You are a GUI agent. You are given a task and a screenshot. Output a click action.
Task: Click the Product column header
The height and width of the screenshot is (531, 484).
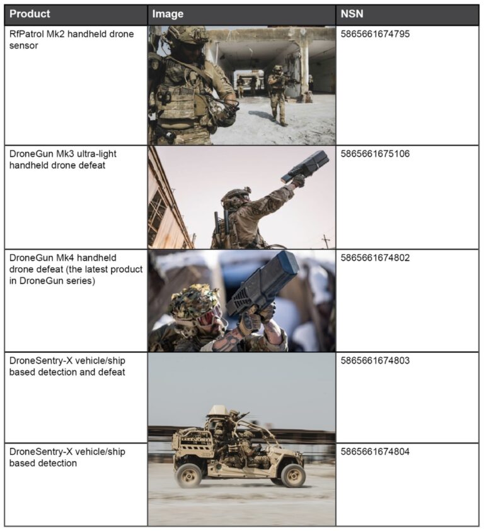(30, 13)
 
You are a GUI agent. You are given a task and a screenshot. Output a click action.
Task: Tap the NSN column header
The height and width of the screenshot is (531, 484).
(352, 13)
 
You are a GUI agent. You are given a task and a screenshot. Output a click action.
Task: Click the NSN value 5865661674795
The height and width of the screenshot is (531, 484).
(375, 34)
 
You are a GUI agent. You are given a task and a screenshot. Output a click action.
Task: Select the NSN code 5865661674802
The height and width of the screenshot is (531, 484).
(375, 258)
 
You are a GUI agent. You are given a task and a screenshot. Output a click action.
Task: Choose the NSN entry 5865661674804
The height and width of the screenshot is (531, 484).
(375, 452)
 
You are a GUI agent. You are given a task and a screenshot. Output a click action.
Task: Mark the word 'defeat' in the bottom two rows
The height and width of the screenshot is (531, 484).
(112, 372)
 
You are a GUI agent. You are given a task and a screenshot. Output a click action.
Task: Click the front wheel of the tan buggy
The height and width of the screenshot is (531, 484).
(293, 475)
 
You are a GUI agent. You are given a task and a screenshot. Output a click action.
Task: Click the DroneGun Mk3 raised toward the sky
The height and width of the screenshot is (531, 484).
(306, 167)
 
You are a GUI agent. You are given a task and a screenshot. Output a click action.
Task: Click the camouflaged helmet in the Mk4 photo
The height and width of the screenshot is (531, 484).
(193, 302)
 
